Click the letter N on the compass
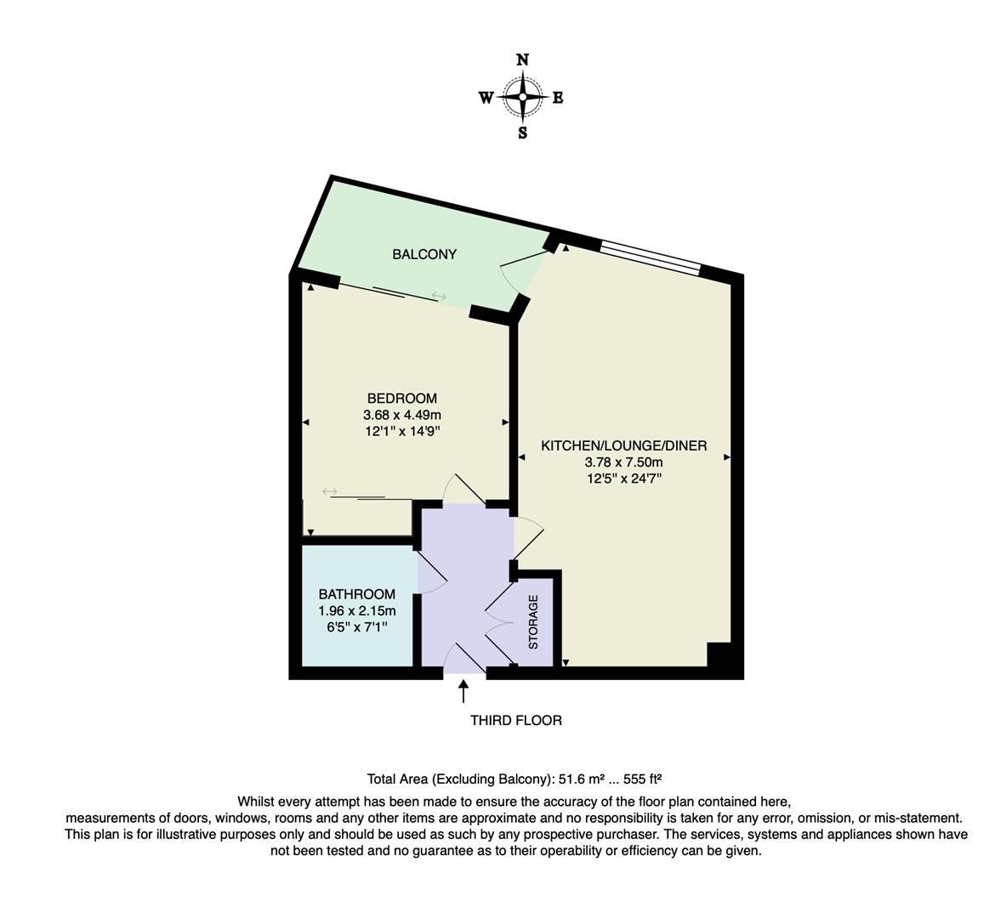pos(522,59)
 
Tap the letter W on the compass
pos(486,98)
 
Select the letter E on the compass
pos(558,98)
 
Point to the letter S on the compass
pos(522,133)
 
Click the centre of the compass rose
pos(522,97)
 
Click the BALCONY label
pos(424,254)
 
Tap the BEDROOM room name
pos(402,398)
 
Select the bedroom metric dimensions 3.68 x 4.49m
pos(402,415)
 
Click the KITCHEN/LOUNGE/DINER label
pos(624,445)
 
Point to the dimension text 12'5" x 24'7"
pos(624,479)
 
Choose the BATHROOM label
pos(357,594)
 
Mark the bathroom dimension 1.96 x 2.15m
pos(357,610)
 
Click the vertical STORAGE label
pos(533,622)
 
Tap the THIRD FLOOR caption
pos(516,720)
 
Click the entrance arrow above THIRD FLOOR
pos(463,690)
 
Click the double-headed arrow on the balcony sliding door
pos(439,296)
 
